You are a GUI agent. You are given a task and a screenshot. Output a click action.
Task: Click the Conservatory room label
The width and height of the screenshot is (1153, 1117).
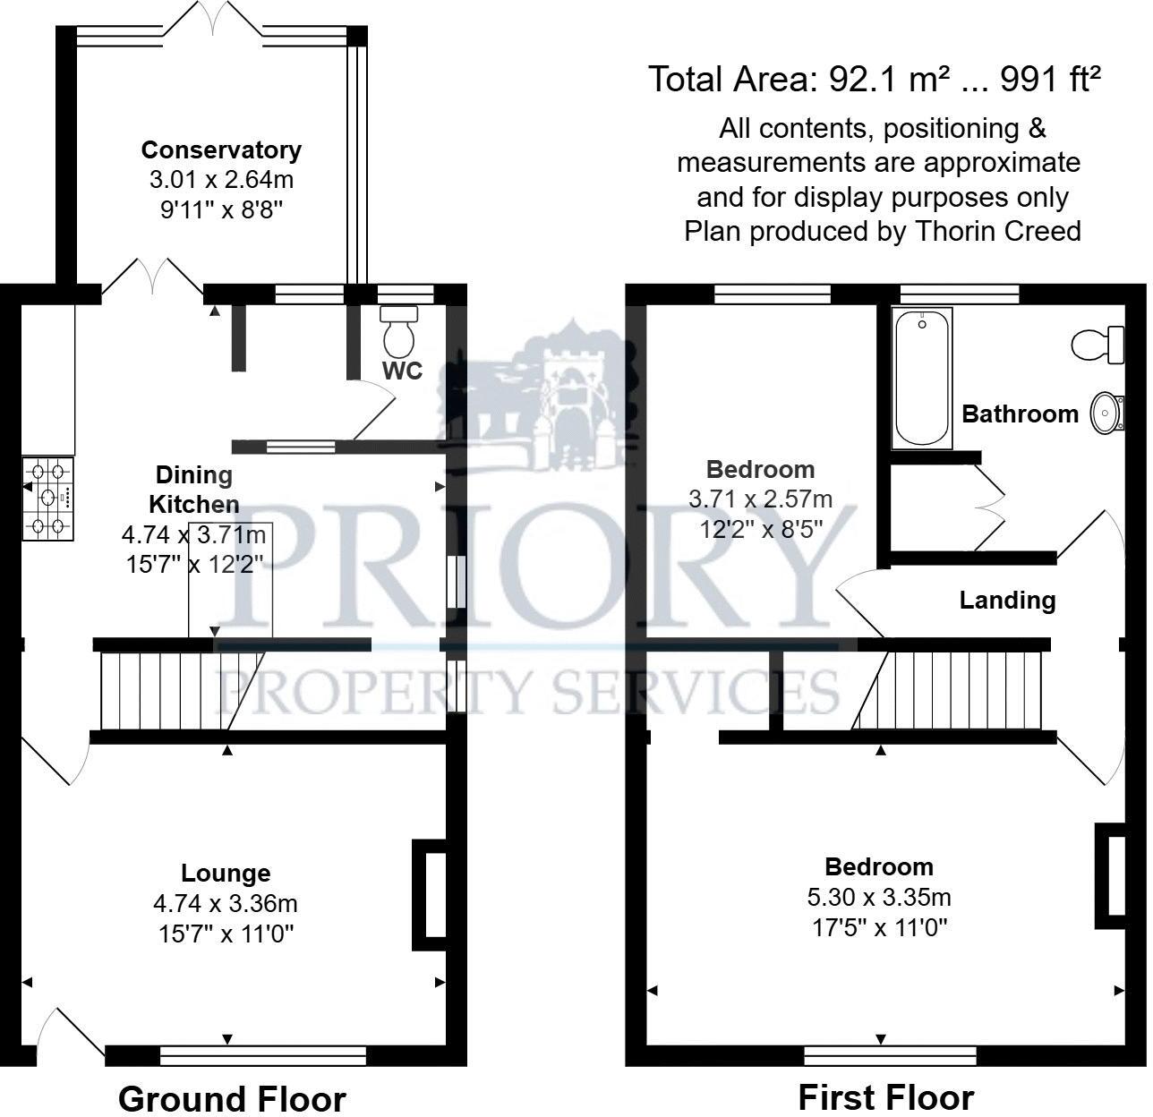(x=221, y=149)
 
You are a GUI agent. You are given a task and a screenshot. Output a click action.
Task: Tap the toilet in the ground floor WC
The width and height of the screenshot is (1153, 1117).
(x=398, y=331)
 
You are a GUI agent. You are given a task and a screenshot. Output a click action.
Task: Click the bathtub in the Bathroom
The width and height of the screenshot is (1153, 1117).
(x=921, y=377)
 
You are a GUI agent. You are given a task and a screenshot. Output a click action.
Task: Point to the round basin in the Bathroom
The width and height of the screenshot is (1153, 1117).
(x=1106, y=413)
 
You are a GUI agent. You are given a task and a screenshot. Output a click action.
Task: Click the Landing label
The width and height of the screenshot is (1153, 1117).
(x=1007, y=600)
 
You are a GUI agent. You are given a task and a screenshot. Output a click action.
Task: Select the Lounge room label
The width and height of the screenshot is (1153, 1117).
(x=226, y=873)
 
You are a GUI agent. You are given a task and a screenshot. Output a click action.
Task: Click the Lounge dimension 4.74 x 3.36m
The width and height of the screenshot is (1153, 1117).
(x=226, y=904)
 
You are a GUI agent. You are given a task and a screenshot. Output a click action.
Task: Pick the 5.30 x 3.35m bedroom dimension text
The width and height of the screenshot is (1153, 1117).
(x=880, y=897)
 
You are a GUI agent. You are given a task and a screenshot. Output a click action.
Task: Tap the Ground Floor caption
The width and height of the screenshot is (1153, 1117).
(x=232, y=1098)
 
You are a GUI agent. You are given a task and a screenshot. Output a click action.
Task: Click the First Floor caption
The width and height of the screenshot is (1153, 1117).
(x=885, y=1097)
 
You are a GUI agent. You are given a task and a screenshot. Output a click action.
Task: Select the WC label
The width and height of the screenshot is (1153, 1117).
(x=403, y=371)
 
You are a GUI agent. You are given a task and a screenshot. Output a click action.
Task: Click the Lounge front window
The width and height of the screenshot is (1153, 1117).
(x=263, y=1056)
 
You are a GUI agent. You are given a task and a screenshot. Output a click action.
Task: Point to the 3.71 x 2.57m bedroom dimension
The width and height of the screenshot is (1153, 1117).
(x=760, y=499)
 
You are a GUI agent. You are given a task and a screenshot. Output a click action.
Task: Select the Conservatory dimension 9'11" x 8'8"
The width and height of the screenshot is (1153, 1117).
(x=221, y=210)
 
